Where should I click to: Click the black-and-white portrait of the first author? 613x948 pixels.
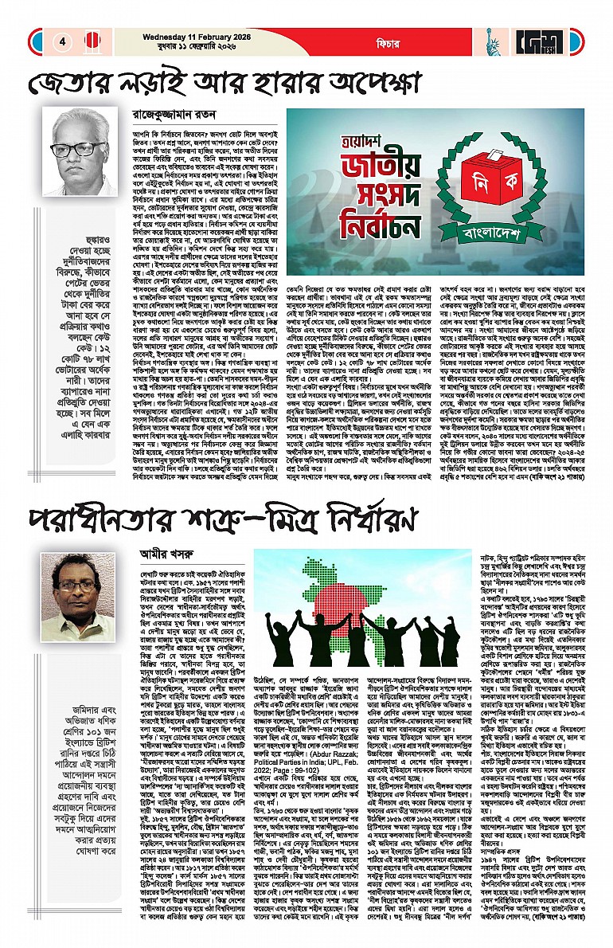pyautogui.click(x=81, y=153)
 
